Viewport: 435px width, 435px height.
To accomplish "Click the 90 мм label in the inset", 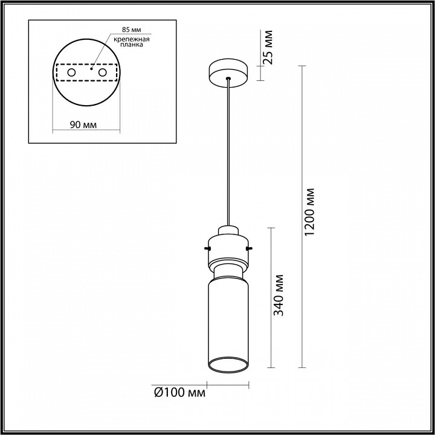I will pyautogui.click(x=83, y=124).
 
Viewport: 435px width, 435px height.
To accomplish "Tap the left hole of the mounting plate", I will pyautogui.click(x=71, y=72).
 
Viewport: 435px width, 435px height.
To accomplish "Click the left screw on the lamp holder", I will pyautogui.click(x=207, y=248).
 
